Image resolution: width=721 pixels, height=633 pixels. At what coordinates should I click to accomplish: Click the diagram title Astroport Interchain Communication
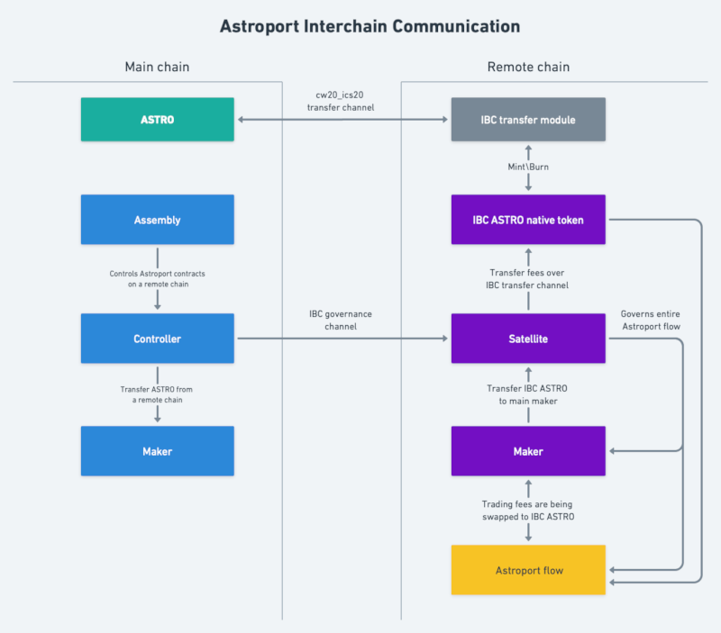pos(370,26)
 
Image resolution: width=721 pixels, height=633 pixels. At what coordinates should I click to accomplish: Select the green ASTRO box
pos(158,120)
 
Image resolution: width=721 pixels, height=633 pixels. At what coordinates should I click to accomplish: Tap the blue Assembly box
pos(158,220)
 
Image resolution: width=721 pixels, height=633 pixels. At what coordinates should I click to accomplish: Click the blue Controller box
pos(158,339)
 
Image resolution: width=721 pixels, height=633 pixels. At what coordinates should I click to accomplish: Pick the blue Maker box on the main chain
pos(158,451)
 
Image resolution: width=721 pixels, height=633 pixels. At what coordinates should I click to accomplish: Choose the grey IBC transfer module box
pos(528,120)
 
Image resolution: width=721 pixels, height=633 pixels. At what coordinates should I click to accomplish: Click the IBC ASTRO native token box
pos(528,220)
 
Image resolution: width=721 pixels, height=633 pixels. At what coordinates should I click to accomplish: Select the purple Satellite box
pos(528,339)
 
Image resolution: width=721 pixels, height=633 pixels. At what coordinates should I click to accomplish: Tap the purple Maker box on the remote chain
pos(528,451)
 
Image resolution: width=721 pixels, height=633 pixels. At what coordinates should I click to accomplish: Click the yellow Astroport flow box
pos(528,570)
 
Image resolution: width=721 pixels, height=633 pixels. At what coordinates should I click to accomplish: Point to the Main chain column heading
pos(157,67)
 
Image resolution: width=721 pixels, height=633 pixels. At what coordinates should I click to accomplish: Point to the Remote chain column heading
pos(528,67)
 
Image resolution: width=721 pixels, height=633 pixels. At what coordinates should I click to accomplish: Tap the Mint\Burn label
pos(528,167)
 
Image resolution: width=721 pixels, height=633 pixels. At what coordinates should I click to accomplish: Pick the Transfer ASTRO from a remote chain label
pos(158,394)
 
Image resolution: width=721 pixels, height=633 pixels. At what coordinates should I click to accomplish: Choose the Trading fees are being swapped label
pos(528,511)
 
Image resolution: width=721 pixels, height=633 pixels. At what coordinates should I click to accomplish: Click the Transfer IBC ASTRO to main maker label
pos(528,394)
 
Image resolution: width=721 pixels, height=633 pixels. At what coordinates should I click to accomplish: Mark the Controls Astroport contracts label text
pos(158,278)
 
